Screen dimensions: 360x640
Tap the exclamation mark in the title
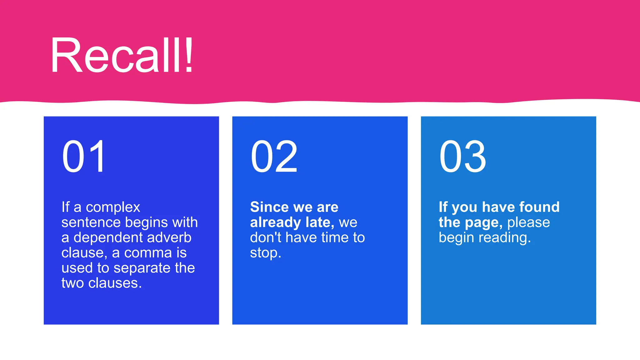pyautogui.click(x=188, y=56)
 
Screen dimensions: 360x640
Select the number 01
pyautogui.click(x=84, y=156)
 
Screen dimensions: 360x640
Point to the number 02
pyautogui.click(x=274, y=156)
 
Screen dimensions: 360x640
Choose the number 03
pyautogui.click(x=462, y=156)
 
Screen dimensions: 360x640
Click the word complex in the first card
pyautogui.click(x=113, y=207)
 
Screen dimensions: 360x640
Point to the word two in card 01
pyautogui.click(x=72, y=283)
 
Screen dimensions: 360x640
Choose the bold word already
pyautogui.click(x=275, y=222)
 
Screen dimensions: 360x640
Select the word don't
pyautogui.click(x=265, y=238)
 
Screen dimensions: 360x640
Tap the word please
pyautogui.click(x=528, y=222)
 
